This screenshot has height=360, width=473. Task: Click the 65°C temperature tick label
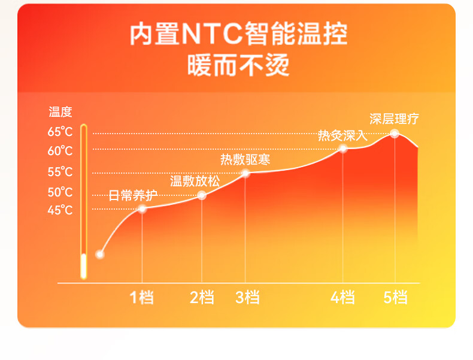[60, 132]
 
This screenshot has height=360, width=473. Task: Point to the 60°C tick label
[60, 150]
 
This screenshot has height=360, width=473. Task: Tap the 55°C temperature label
[60, 172]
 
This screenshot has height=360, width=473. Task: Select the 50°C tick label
[60, 192]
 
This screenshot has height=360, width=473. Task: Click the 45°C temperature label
[60, 210]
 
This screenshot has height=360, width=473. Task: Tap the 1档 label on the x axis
[141, 297]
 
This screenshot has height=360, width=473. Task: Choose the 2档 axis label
[202, 297]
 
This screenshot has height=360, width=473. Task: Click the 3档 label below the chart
[247, 297]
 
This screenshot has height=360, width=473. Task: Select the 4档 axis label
[342, 297]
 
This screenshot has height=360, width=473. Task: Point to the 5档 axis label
[396, 297]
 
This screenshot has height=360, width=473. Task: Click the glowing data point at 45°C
[142, 209]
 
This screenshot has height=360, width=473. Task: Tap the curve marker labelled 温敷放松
[202, 195]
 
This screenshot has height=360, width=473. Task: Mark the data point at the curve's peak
[395, 134]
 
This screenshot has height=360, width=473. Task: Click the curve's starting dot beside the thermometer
[100, 255]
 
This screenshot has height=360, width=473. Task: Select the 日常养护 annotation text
[133, 195]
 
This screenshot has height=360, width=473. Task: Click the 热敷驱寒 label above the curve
[245, 159]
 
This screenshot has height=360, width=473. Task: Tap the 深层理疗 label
[395, 119]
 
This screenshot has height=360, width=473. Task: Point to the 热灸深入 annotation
[342, 135]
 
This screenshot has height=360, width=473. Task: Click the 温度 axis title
[60, 112]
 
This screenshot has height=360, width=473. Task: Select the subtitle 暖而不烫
[238, 65]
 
